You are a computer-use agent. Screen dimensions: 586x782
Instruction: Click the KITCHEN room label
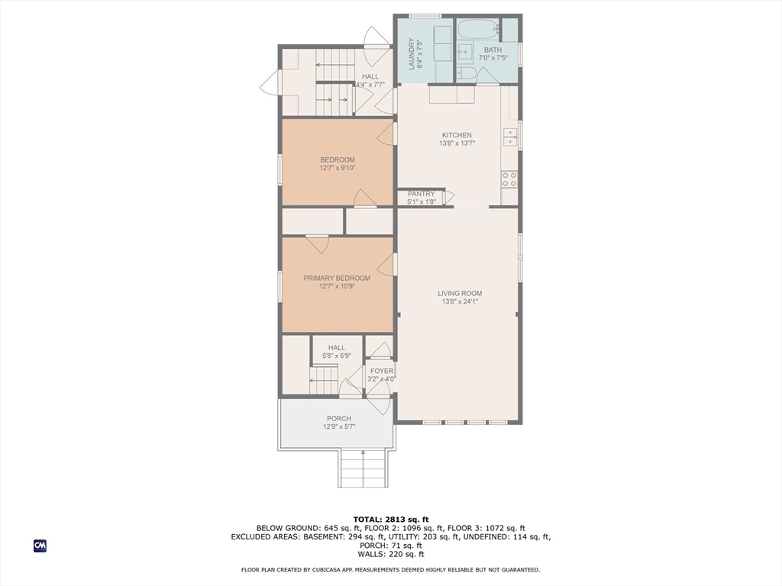(x=457, y=135)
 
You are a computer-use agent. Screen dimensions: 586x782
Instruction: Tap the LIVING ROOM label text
(x=459, y=293)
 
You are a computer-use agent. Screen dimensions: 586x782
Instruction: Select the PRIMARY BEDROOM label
(x=337, y=278)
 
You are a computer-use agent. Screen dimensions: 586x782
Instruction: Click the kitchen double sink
(x=510, y=137)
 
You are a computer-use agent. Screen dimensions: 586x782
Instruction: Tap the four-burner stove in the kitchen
(x=509, y=179)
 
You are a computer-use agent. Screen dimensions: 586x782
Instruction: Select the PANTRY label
(x=421, y=194)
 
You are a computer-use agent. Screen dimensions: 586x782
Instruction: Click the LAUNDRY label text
(x=412, y=53)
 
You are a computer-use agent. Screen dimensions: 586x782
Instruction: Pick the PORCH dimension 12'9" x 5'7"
(x=338, y=427)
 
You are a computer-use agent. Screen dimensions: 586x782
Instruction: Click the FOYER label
(x=382, y=371)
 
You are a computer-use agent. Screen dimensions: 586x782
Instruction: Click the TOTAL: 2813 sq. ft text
(x=391, y=519)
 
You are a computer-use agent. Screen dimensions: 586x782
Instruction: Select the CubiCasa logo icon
(x=40, y=546)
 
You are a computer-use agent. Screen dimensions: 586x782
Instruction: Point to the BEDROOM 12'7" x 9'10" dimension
(x=337, y=168)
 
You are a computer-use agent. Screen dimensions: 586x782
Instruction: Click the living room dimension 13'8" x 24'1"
(x=459, y=302)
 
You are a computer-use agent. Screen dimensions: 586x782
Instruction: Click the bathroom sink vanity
(x=465, y=52)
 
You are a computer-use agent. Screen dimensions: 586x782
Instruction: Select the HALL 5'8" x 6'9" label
(x=337, y=351)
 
